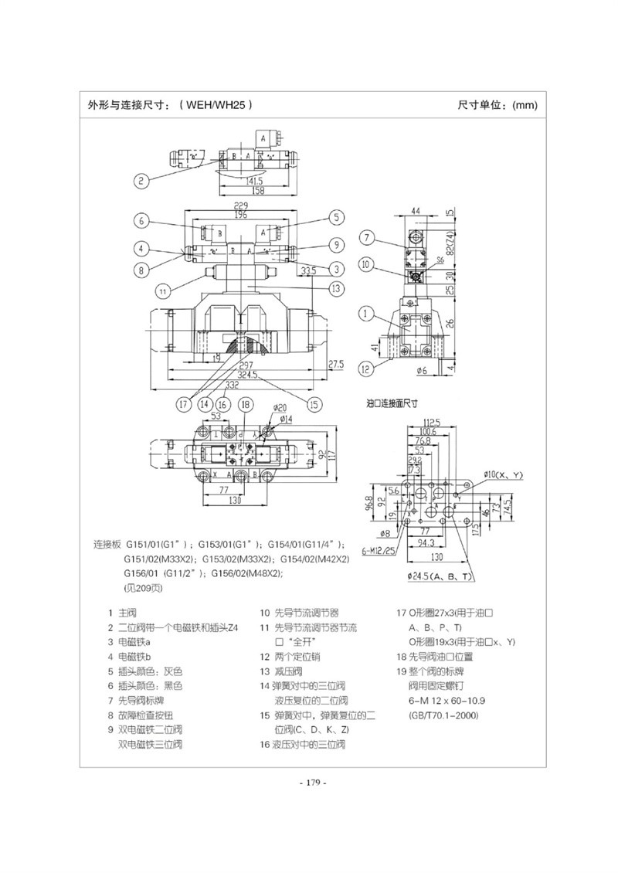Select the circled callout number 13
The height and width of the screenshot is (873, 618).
pyautogui.click(x=334, y=289)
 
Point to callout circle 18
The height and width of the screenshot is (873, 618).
pyautogui.click(x=245, y=403)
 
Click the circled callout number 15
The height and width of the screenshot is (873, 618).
pyautogui.click(x=313, y=403)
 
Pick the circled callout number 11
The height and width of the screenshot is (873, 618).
pyautogui.click(x=163, y=291)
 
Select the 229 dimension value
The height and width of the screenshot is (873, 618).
pyautogui.click(x=240, y=206)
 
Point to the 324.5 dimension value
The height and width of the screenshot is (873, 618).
pyautogui.click(x=247, y=375)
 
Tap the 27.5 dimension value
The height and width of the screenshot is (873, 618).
pyautogui.click(x=334, y=364)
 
